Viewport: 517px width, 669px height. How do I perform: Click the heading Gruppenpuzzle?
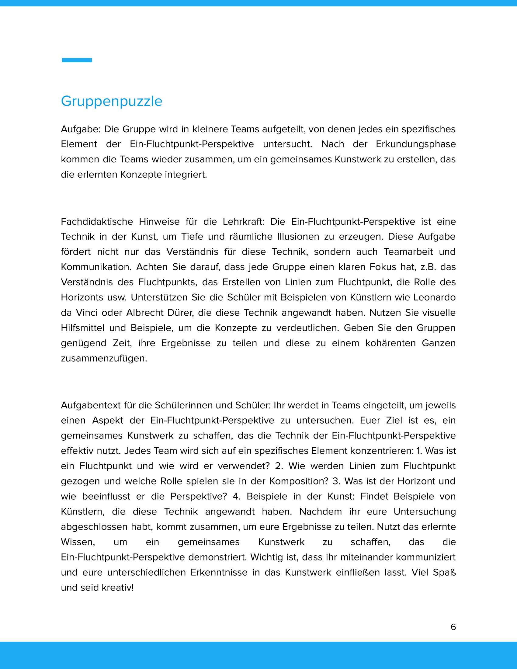[112, 101]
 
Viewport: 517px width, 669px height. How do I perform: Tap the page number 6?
[453, 627]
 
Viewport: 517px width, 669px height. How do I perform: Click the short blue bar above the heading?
[77, 60]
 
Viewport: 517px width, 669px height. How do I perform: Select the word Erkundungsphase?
[416, 144]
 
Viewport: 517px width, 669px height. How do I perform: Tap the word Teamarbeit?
[408, 251]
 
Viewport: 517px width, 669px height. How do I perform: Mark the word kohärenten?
[390, 343]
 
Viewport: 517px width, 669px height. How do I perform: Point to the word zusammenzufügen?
[104, 358]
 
